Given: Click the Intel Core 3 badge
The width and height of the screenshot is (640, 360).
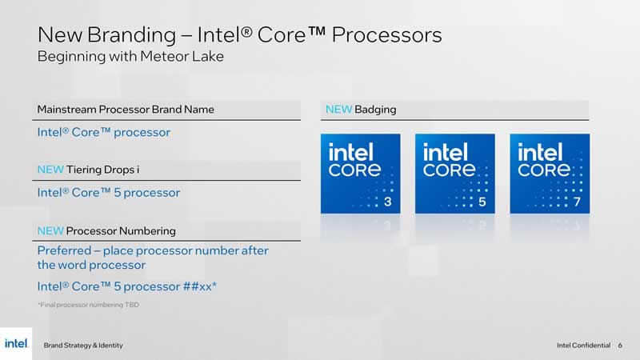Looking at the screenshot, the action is pyautogui.click(x=361, y=174).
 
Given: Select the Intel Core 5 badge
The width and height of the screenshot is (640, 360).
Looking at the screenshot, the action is pyautogui.click(x=455, y=174).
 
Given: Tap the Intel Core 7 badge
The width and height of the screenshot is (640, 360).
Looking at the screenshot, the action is pyautogui.click(x=550, y=174).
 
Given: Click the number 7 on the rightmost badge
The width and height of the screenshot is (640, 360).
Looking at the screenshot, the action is pyautogui.click(x=577, y=202).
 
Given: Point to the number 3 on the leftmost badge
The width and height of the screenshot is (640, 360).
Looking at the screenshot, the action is pyautogui.click(x=388, y=202).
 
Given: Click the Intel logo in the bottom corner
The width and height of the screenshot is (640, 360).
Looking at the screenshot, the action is pyautogui.click(x=16, y=344).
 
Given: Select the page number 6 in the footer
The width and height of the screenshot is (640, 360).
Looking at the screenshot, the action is pyautogui.click(x=620, y=346).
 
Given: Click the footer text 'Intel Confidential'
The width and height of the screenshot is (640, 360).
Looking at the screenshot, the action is pyautogui.click(x=584, y=346).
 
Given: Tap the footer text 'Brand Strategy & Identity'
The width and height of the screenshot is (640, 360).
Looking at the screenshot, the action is pyautogui.click(x=83, y=346).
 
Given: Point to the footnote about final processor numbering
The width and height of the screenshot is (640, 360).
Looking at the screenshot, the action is pyautogui.click(x=89, y=305).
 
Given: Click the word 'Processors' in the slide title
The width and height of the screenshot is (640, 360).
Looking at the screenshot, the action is pyautogui.click(x=386, y=34).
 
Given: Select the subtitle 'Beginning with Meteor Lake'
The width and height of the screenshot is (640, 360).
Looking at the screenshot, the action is pyautogui.click(x=130, y=56).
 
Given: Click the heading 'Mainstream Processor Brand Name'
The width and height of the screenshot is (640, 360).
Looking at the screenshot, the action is pyautogui.click(x=126, y=110).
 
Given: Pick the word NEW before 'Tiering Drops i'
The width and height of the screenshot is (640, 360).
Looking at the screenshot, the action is pyautogui.click(x=50, y=170).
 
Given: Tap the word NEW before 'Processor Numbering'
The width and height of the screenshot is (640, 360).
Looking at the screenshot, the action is pyautogui.click(x=50, y=231).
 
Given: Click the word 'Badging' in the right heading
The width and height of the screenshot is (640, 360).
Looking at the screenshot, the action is pyautogui.click(x=375, y=110).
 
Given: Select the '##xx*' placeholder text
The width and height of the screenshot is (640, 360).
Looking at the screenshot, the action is pyautogui.click(x=199, y=286).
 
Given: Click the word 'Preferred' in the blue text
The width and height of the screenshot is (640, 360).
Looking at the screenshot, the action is pyautogui.click(x=65, y=250).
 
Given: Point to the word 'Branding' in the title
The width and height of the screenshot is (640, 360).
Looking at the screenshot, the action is pyautogui.click(x=131, y=35).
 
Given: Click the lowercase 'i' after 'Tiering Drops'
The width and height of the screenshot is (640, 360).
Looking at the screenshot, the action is pyautogui.click(x=138, y=170).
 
